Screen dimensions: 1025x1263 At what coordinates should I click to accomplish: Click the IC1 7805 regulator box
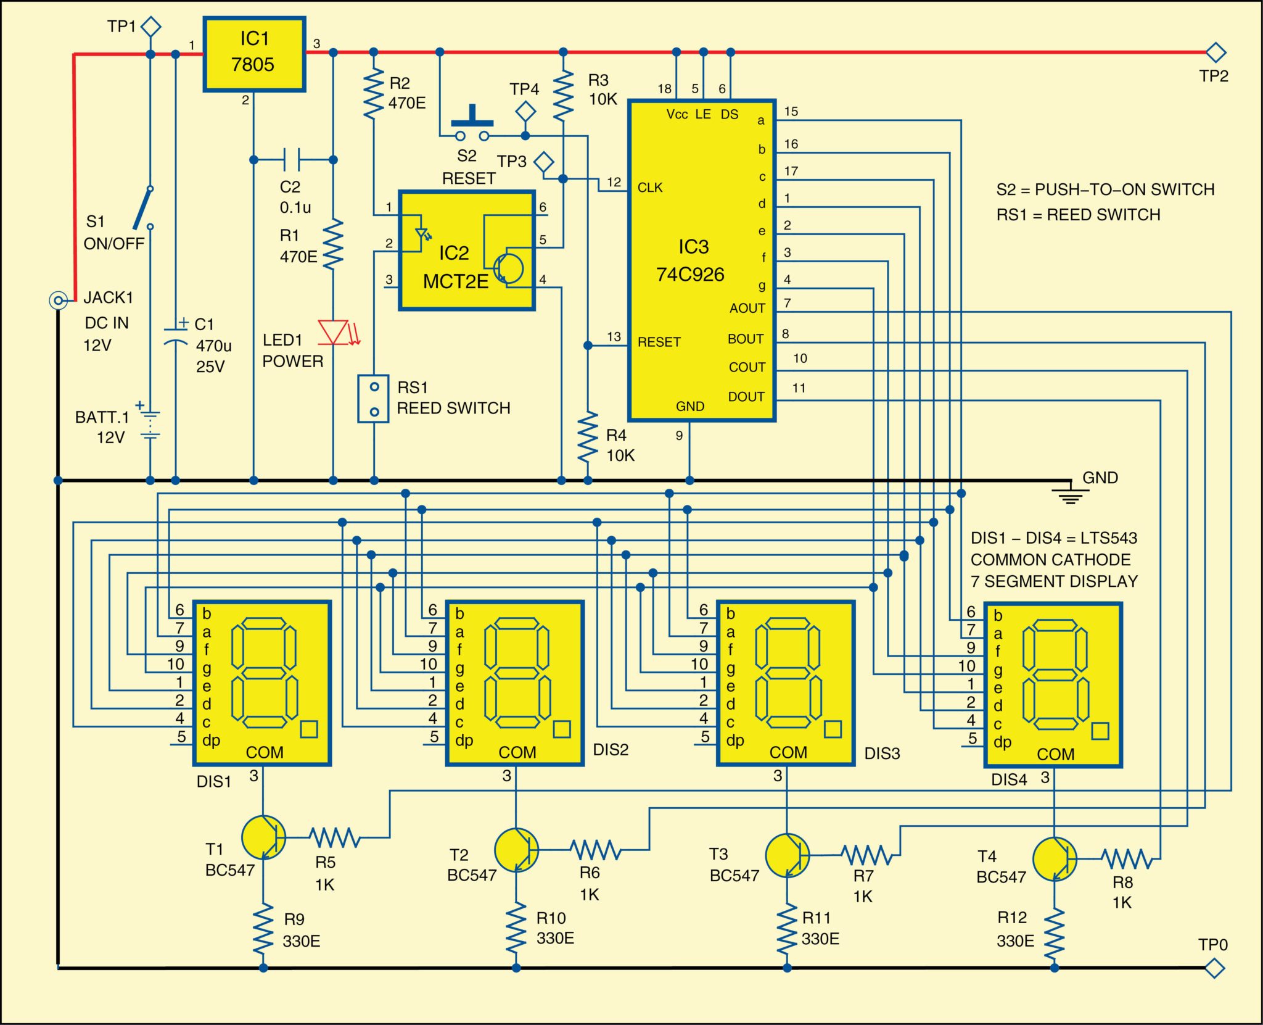point(254,54)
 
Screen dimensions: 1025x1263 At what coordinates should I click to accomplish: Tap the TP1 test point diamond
point(151,27)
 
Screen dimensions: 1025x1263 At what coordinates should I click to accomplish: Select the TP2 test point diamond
point(1216,52)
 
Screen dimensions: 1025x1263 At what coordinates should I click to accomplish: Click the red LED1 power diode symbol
point(334,332)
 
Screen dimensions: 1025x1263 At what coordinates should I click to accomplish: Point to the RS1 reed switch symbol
point(374,399)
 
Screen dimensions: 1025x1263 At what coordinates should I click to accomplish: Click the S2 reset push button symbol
point(472,127)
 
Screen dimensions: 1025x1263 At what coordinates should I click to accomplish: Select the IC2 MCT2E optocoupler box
point(467,250)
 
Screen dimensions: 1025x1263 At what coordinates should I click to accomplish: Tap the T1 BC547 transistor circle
point(264,837)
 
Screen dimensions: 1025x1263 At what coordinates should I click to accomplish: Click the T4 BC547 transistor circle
point(1055,858)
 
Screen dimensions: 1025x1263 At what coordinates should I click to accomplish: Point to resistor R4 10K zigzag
point(588,437)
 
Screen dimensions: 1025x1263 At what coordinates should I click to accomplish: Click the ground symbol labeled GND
point(1071,494)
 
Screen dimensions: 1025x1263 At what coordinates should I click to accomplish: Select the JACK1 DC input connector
point(58,301)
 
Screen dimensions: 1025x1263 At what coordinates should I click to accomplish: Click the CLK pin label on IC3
point(650,188)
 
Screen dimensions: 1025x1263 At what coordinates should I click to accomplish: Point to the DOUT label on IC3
point(746,397)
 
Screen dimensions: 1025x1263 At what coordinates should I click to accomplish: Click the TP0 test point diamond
point(1214,968)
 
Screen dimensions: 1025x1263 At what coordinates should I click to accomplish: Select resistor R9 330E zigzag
point(263,929)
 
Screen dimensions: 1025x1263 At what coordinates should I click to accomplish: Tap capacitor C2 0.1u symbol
point(292,159)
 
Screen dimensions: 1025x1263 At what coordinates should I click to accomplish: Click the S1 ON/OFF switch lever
point(143,209)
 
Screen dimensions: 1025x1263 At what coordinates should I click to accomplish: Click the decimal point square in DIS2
point(562,729)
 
